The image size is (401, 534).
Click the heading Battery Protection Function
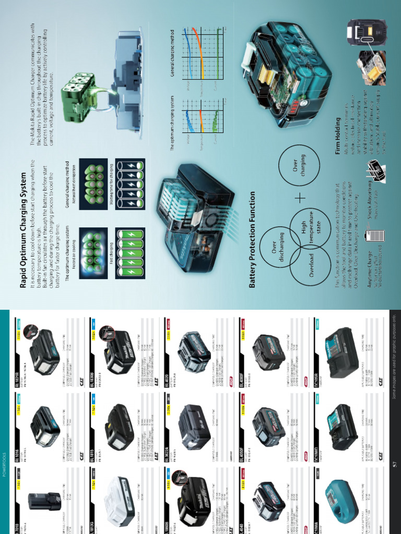coord(253,239)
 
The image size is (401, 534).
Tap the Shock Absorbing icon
coord(373,167)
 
